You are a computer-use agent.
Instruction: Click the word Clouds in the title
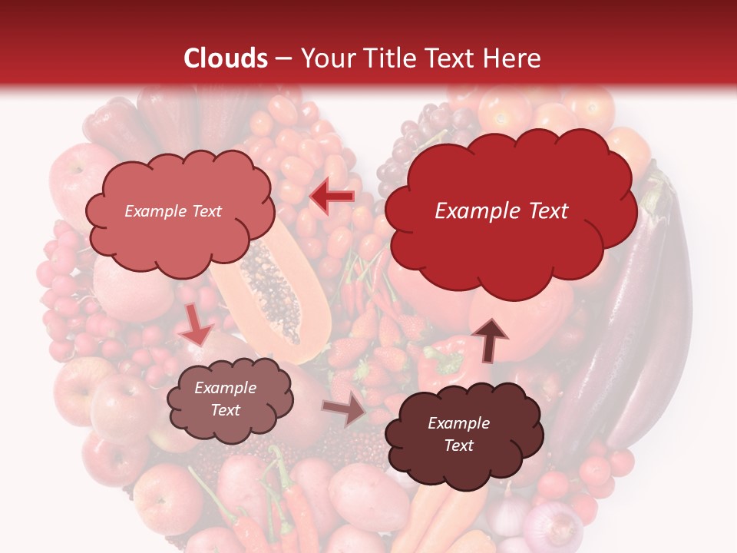point(225,58)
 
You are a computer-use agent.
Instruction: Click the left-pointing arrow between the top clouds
point(332,197)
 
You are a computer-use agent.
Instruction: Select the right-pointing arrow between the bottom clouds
point(345,412)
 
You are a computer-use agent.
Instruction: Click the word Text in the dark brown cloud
point(458,445)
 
